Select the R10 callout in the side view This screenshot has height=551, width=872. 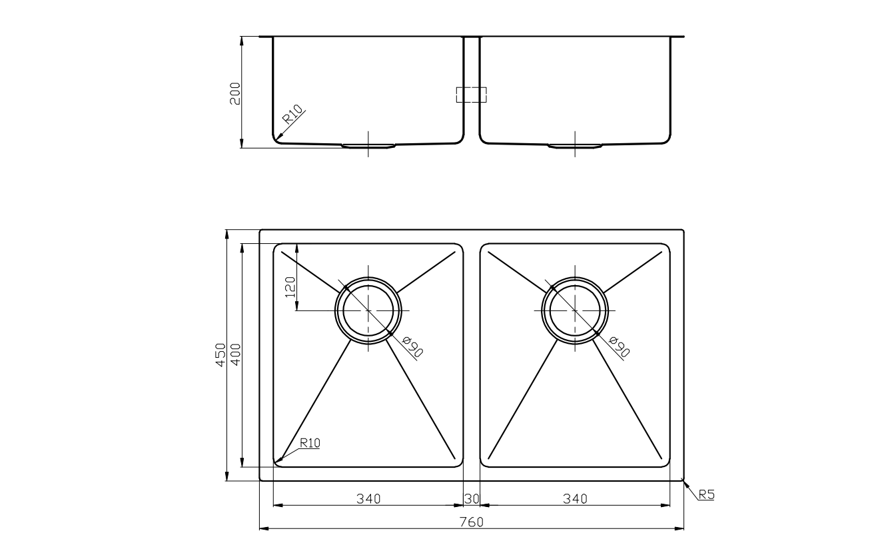click(x=292, y=115)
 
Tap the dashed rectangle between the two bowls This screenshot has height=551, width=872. click(x=471, y=95)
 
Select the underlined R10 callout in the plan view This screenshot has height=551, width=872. click(x=310, y=442)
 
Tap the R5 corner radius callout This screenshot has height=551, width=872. click(x=706, y=494)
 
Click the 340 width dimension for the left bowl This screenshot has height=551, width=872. click(x=368, y=498)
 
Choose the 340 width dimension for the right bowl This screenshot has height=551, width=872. click(x=575, y=498)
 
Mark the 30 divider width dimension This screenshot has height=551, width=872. click(x=471, y=498)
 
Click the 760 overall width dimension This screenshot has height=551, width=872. click(x=471, y=522)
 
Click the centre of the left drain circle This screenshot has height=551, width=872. click(x=368, y=311)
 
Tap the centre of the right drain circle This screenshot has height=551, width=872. click(x=575, y=311)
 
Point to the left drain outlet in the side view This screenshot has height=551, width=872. click(x=368, y=145)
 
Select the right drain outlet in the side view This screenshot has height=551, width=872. click(x=575, y=145)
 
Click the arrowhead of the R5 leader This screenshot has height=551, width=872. click(x=684, y=480)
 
